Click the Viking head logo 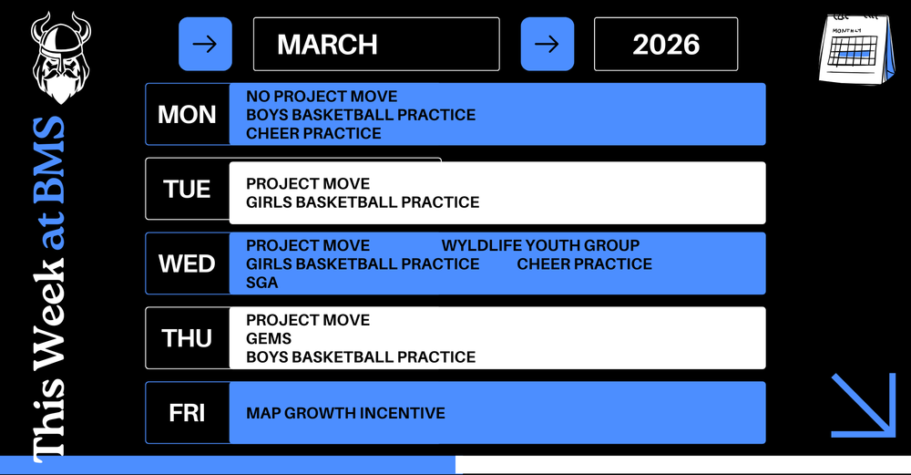click(x=61, y=58)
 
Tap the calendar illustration click(x=856, y=49)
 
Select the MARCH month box click(x=376, y=44)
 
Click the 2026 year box click(x=666, y=44)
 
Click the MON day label click(x=187, y=115)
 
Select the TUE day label click(x=187, y=190)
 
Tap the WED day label click(x=187, y=264)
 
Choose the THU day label click(x=187, y=338)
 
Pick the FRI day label click(x=187, y=413)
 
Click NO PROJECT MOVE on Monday click(x=322, y=97)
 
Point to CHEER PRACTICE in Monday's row click(x=313, y=134)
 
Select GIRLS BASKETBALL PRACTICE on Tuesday click(x=363, y=202)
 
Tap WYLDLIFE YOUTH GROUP click(x=540, y=245)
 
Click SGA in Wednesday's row click(x=262, y=283)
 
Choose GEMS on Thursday click(x=269, y=338)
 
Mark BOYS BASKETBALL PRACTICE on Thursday click(x=361, y=357)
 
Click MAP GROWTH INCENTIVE click(x=345, y=413)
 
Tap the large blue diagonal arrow click(x=864, y=405)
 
